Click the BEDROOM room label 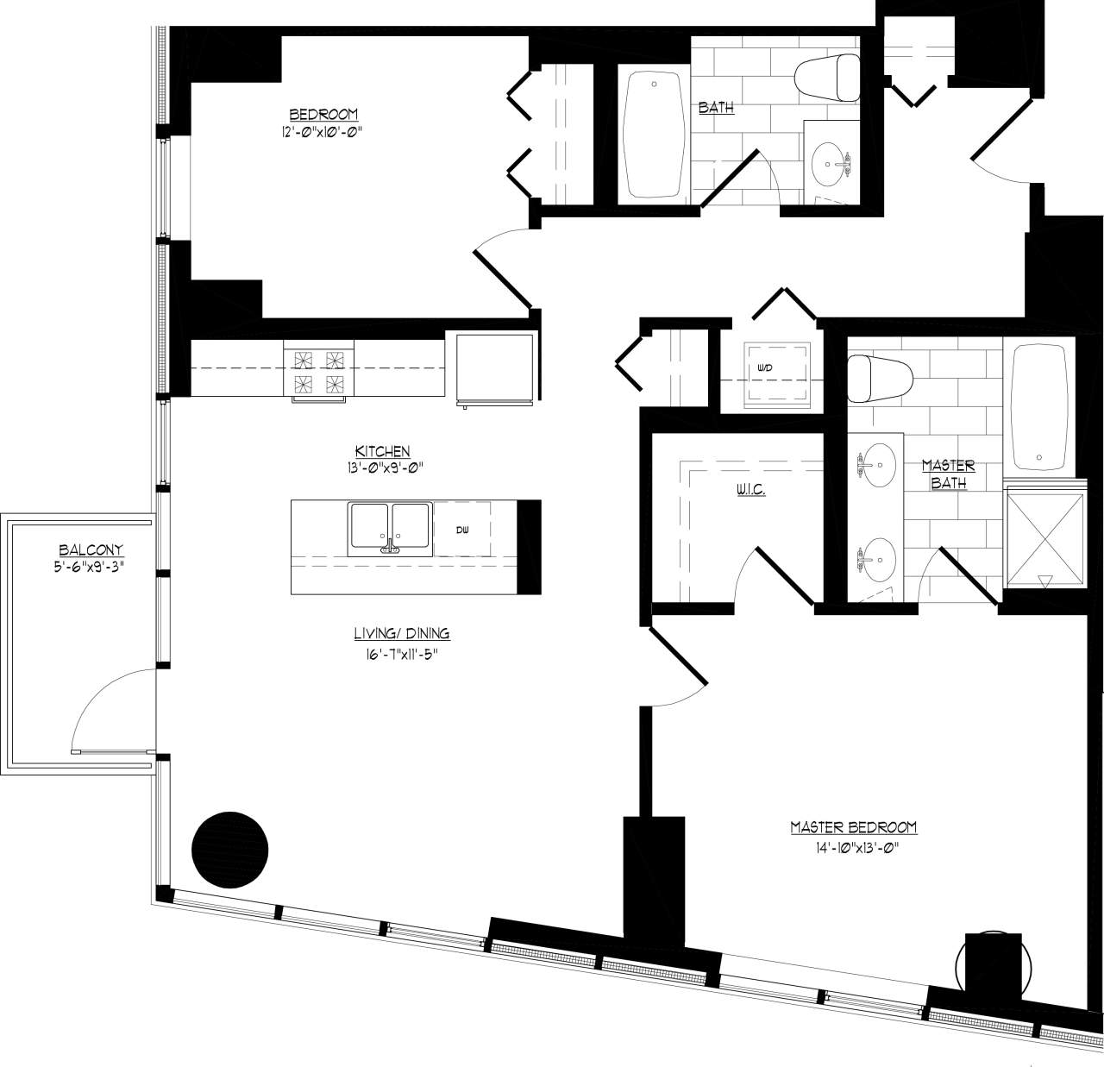click(323, 115)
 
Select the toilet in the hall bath click(826, 77)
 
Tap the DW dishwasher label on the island click(461, 530)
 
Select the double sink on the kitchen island click(390, 529)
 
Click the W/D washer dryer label click(765, 368)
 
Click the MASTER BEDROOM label click(853, 827)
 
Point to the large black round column click(229, 849)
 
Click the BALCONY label click(91, 549)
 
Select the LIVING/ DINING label click(401, 634)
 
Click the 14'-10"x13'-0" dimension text click(853, 846)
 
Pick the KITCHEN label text click(382, 451)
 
